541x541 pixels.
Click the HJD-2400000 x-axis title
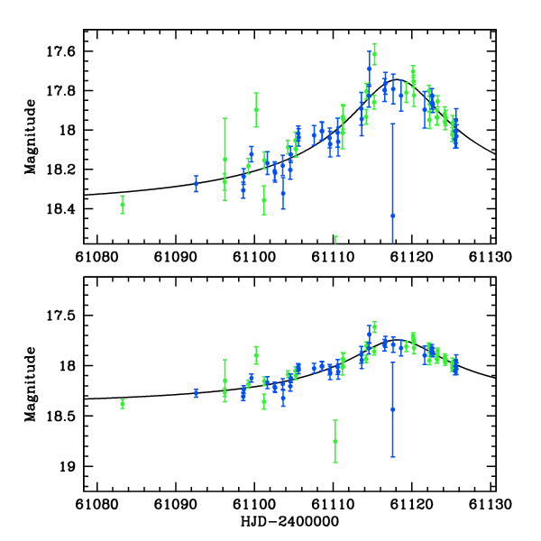click(x=290, y=522)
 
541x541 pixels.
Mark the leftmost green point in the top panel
click(x=123, y=206)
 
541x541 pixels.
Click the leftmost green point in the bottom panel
click(x=123, y=403)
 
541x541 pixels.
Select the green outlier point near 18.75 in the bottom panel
click(x=335, y=441)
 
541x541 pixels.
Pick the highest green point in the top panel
click(x=374, y=53)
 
